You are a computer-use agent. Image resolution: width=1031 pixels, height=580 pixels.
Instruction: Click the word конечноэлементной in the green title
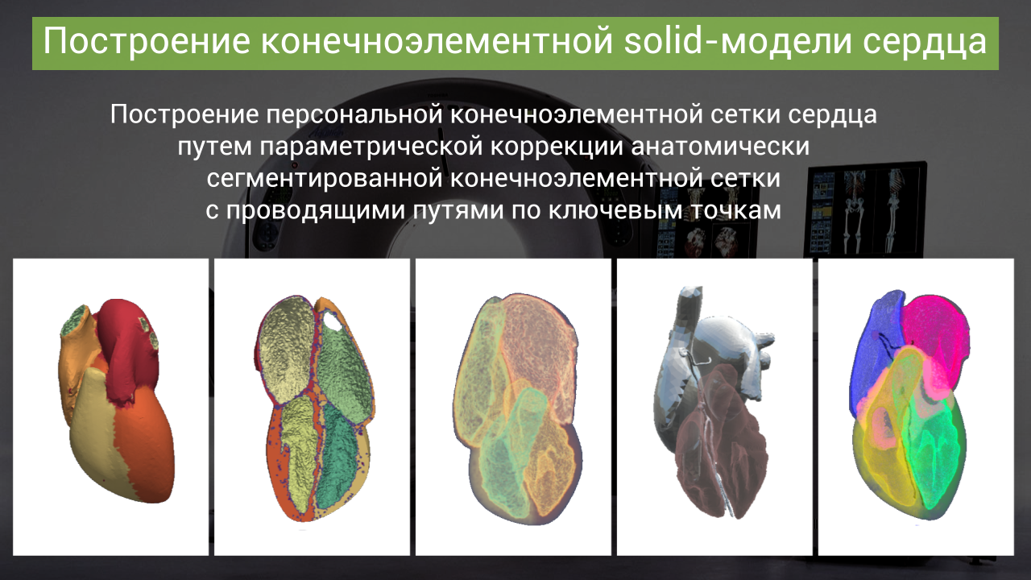click(437, 41)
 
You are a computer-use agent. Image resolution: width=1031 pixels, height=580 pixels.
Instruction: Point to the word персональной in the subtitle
click(354, 114)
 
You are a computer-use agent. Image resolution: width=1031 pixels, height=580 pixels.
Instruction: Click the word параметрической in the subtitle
click(371, 147)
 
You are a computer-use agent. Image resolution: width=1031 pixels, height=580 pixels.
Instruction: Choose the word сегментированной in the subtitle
click(325, 179)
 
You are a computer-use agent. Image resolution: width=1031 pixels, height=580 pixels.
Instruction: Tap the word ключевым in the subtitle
click(615, 211)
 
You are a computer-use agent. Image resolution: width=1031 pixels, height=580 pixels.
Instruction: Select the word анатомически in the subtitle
click(720, 147)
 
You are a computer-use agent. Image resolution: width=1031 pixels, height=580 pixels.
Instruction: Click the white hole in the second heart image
click(333, 321)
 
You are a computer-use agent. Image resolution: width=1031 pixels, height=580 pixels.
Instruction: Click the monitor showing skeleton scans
click(865, 209)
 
